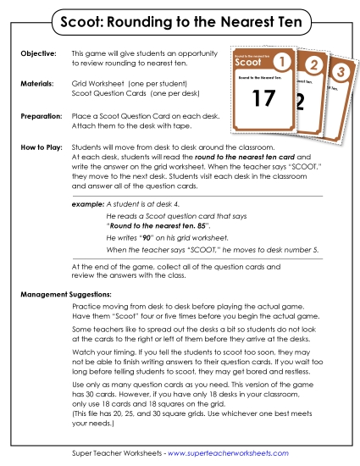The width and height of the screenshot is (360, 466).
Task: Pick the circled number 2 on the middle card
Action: (313, 65)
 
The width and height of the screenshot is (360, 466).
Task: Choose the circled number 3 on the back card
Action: (340, 72)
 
